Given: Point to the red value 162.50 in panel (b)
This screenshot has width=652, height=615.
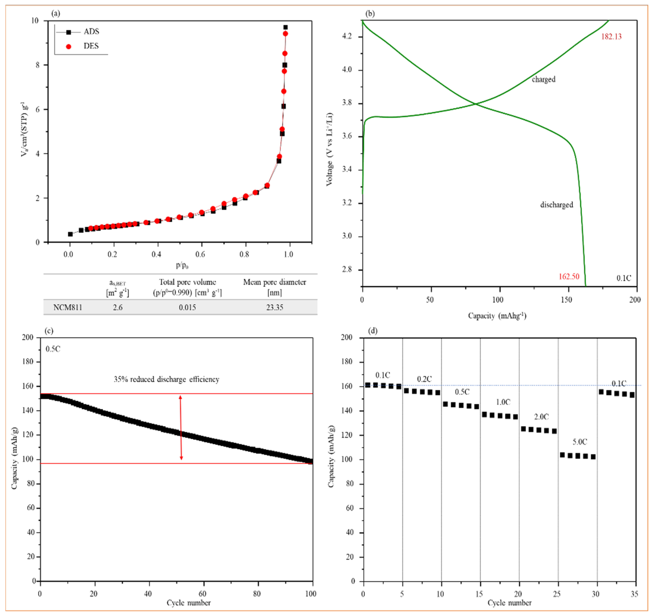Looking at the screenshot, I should (569, 277).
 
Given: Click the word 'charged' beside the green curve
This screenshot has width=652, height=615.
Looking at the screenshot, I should (543, 79).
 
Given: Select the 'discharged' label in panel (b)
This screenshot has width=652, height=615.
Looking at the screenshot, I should (557, 205).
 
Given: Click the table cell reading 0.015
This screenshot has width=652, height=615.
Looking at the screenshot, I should (187, 307).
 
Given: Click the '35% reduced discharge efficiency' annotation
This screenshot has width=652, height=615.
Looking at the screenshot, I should (166, 379).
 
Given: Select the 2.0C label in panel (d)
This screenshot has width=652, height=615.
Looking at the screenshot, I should (541, 417).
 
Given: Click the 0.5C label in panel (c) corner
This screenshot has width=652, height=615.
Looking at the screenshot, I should (53, 349).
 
